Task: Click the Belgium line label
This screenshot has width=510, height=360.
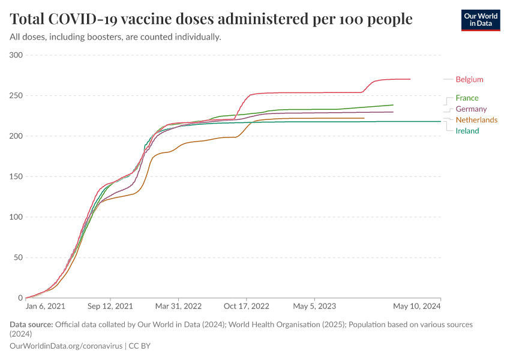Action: (x=469, y=79)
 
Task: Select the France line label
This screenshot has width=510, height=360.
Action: (x=467, y=98)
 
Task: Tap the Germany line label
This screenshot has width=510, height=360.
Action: (x=471, y=109)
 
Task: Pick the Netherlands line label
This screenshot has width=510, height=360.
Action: (x=476, y=120)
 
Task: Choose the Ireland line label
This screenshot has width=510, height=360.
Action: (x=467, y=131)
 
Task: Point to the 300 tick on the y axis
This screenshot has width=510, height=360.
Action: (x=16, y=55)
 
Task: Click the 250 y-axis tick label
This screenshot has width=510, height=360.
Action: (x=16, y=96)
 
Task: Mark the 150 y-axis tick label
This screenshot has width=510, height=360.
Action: (x=16, y=177)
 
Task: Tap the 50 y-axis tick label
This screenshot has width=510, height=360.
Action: (x=18, y=258)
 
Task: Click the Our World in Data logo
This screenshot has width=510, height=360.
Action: (x=480, y=20)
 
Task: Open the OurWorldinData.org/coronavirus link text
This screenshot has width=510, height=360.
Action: (x=67, y=346)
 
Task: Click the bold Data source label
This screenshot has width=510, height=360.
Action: (x=31, y=325)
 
